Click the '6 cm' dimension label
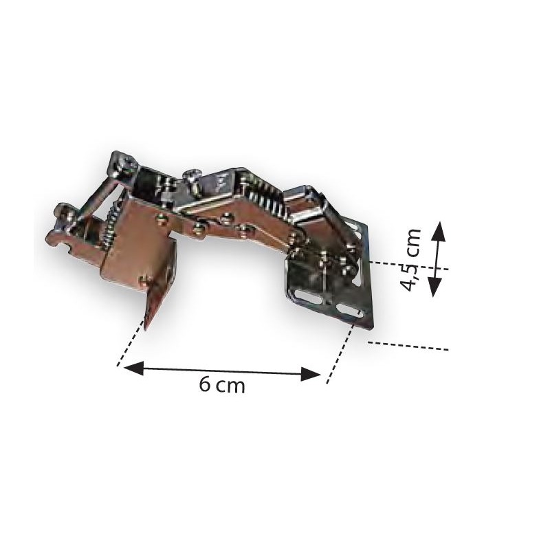[221, 385]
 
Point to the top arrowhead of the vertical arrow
[439, 229]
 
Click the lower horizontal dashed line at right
[408, 345]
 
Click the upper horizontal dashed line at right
[408, 265]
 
